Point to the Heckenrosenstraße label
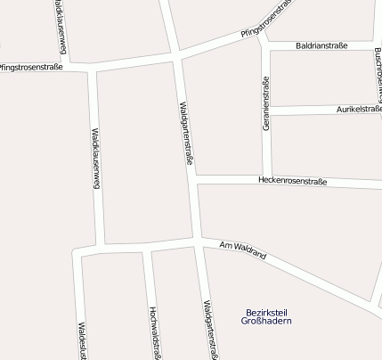click(292, 182)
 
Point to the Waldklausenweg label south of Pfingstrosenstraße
click(95, 159)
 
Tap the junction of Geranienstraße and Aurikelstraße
click(266, 110)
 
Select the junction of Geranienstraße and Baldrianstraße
click(264, 45)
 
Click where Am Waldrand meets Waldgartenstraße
click(196, 241)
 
